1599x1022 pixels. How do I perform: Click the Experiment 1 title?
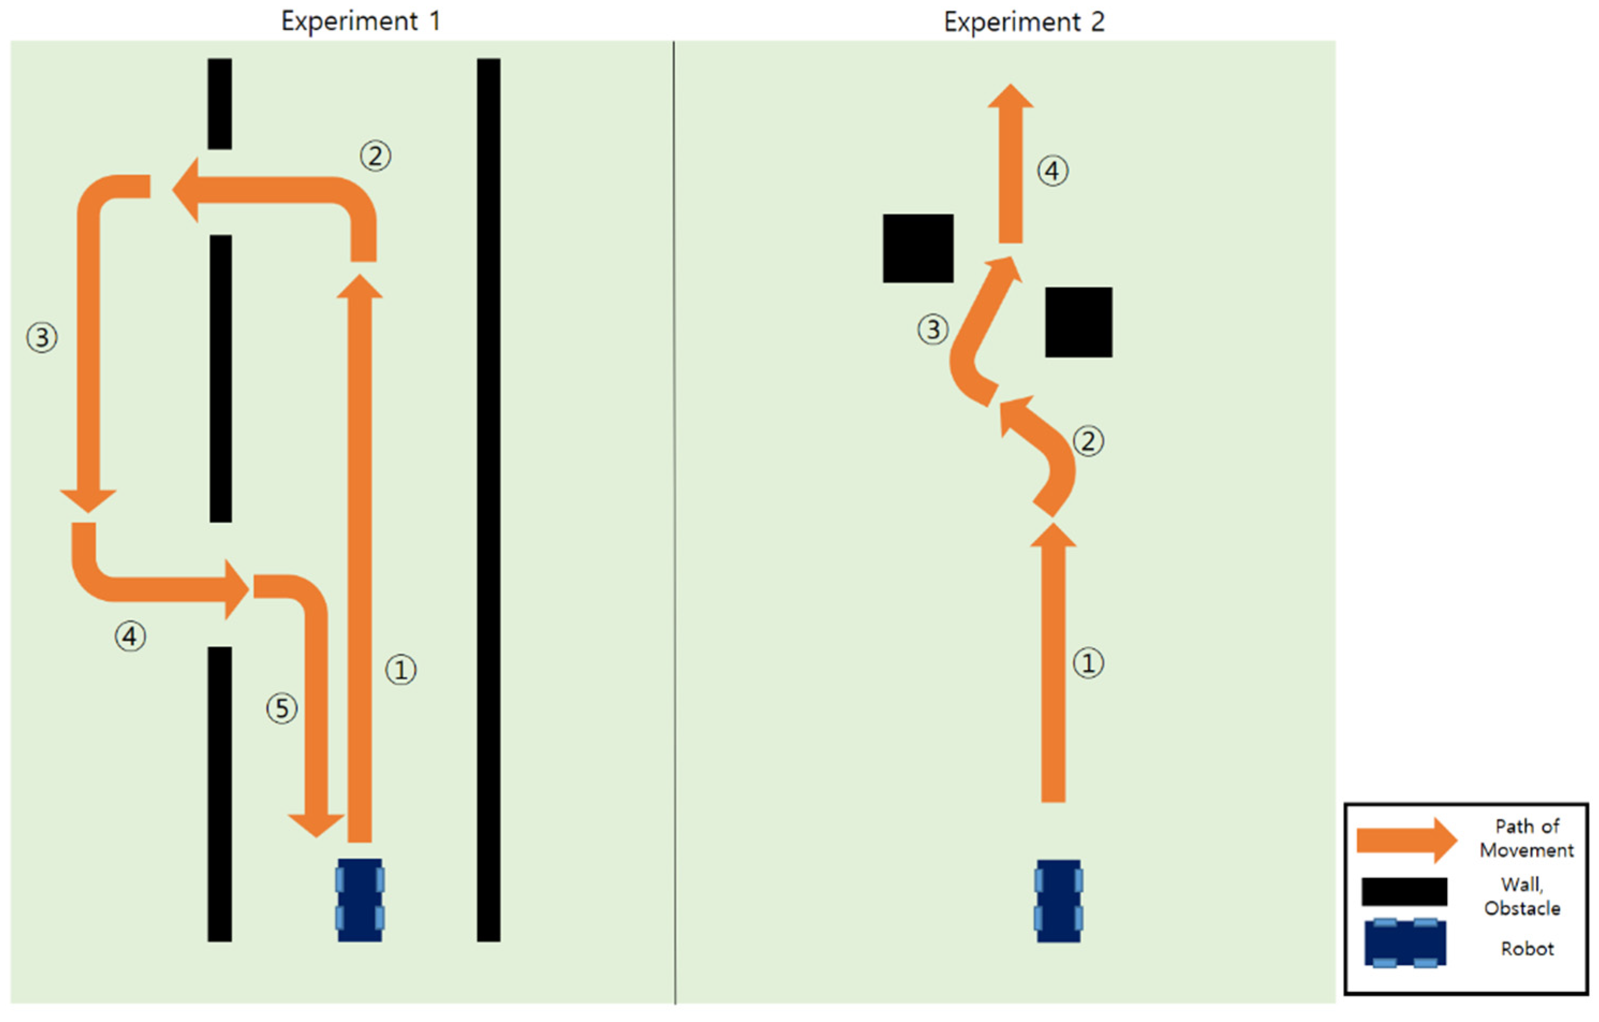coord(360,21)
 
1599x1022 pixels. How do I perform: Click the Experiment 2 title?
coord(1024,22)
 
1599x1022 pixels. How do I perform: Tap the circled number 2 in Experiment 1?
coord(375,157)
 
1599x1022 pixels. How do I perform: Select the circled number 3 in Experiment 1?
coord(42,337)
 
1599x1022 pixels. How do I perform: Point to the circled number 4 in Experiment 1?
coord(130,636)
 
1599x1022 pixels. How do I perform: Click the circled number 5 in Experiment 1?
coord(282,708)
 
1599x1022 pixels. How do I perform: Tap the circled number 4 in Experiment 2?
coord(1053,171)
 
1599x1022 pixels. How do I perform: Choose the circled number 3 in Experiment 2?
coord(933,329)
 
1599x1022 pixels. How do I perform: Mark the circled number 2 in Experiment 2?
coord(1089,441)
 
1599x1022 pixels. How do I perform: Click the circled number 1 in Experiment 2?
coord(1089,663)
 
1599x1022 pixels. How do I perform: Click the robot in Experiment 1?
coord(360,900)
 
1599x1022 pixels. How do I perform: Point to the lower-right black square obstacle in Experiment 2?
coord(1078,322)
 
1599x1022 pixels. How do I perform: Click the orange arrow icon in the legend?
coord(1406,840)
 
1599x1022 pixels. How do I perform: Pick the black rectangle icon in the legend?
coord(1404,892)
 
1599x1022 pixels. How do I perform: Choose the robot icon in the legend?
coord(1405,943)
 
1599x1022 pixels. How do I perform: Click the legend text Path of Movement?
coord(1527,838)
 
